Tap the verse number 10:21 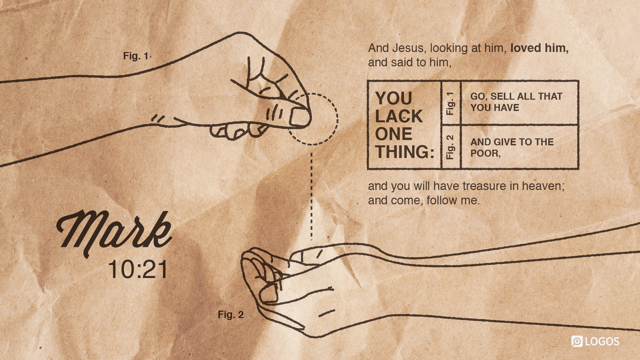138,269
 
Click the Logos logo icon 577,341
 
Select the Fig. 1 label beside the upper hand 136,56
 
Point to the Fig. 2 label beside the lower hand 231,315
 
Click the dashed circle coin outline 337,119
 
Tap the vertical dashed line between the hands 312,197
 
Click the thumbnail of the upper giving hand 300,117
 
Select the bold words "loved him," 539,48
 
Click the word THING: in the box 405,152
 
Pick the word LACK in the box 399,116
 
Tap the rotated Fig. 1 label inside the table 450,103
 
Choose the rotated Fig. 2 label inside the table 450,147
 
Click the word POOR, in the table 485,154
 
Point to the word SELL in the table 502,96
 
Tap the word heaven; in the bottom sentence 543,186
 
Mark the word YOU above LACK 394,98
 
